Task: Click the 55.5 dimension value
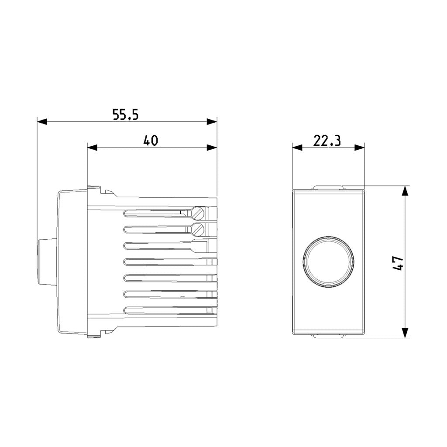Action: point(125,114)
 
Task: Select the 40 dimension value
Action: point(151,141)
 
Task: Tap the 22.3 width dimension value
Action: point(327,141)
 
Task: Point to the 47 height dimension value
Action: point(398,263)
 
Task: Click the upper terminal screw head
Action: point(198,213)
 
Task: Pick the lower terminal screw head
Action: point(198,230)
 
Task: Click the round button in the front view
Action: point(328,261)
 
